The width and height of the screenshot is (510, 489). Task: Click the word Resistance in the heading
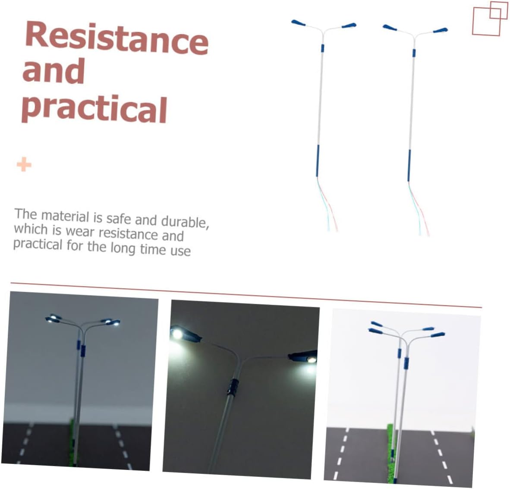coord(117,38)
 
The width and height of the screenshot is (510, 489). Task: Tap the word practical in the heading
coord(94,109)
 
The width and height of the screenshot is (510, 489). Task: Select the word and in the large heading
coord(54,71)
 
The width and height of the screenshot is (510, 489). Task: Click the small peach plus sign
coord(24,164)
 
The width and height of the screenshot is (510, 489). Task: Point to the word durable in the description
coord(184,221)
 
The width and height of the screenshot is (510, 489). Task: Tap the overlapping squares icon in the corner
coord(489,19)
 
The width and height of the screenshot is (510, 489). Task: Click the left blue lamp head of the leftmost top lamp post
coord(298,23)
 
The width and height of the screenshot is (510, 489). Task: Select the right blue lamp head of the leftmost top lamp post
coord(349,25)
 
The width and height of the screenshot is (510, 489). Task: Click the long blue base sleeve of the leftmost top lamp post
coord(318,161)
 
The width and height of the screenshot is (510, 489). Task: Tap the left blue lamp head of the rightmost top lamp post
coord(390,28)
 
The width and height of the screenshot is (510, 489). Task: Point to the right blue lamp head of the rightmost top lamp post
coord(441,31)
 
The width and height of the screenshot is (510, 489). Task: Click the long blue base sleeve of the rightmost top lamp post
coord(409,166)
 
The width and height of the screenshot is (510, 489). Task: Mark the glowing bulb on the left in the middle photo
coord(177,334)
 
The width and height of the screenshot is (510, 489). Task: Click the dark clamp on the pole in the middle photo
coord(233,387)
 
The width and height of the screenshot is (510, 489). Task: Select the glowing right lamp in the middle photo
coord(311,359)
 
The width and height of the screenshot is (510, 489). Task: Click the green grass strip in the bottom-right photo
coord(390,453)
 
